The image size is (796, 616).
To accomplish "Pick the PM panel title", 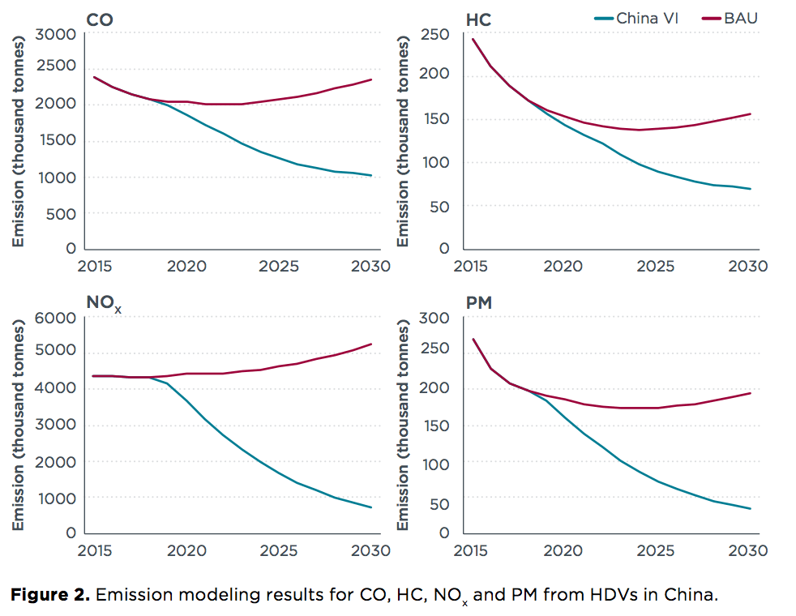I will click(480, 302).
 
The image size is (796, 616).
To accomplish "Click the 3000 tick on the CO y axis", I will click(55, 33).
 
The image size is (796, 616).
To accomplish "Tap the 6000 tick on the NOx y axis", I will click(55, 318).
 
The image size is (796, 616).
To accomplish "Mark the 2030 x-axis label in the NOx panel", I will click(370, 551).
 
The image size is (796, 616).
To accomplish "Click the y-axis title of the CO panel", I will click(18, 142).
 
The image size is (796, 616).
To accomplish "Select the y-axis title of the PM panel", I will click(403, 426).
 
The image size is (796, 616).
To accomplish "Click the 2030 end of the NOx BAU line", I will click(371, 344).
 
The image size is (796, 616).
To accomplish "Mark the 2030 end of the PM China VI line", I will click(750, 509).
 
